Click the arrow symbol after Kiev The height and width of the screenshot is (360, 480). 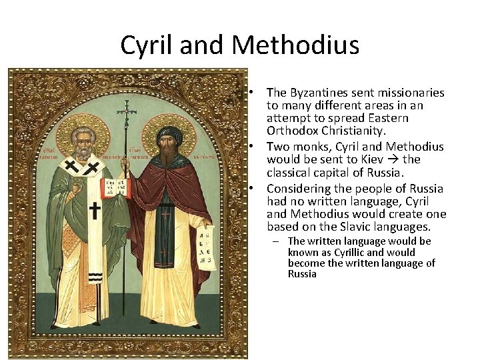[394, 159]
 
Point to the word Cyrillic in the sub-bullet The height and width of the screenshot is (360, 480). [345, 252]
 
